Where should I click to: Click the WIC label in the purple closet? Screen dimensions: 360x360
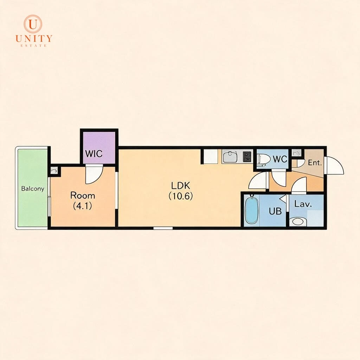point(94,154)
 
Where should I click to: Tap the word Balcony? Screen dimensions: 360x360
point(33,189)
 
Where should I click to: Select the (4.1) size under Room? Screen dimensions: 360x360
point(82,206)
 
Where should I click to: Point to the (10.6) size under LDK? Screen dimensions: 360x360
point(180,196)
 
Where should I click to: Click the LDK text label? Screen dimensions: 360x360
point(180,185)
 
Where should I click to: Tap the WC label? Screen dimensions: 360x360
point(280,159)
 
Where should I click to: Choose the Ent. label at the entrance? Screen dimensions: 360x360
point(315,163)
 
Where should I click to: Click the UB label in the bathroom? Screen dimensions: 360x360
point(275,211)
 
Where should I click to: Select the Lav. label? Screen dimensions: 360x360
point(303,204)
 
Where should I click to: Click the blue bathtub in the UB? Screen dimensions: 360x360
point(251,210)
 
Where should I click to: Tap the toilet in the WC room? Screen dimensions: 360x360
point(264,159)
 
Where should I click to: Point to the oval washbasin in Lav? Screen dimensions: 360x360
point(298,221)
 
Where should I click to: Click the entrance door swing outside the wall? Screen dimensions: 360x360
point(335,166)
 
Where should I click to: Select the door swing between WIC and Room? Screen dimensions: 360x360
point(94,174)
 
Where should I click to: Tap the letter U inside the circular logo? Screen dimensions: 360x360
point(33,24)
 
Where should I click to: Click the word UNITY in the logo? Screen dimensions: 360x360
point(34,38)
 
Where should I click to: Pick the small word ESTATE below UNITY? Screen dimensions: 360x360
point(34,45)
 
